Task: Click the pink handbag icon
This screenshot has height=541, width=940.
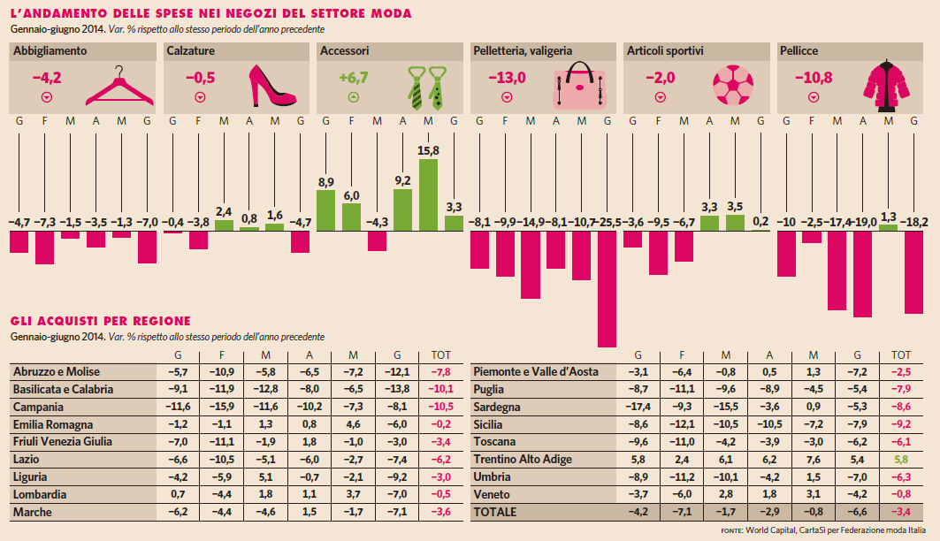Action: [x=580, y=87]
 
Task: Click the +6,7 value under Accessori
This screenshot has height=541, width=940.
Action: [x=353, y=77]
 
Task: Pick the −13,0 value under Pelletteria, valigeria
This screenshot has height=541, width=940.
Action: [x=507, y=77]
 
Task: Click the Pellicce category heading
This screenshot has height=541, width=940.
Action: [x=799, y=51]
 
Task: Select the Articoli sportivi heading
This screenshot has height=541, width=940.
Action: [x=665, y=51]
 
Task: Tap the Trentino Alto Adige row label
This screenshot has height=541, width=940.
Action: [x=523, y=459]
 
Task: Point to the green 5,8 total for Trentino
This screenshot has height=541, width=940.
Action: [x=901, y=459]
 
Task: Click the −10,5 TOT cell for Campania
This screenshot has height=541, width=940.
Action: [x=439, y=407]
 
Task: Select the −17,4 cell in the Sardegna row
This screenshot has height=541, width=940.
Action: [x=637, y=407]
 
